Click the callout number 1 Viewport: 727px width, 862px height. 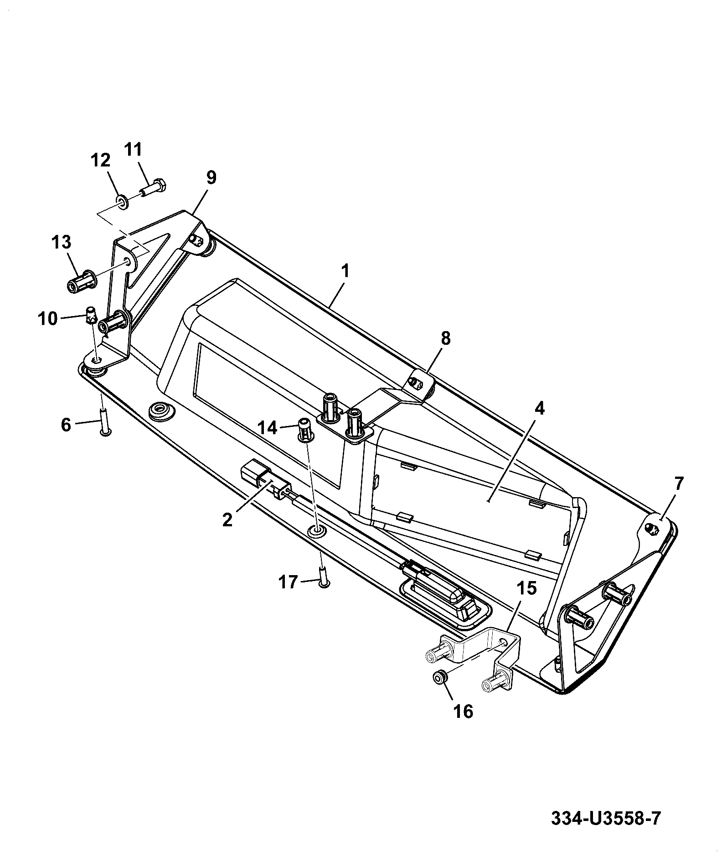click(x=345, y=271)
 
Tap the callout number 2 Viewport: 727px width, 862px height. click(x=227, y=519)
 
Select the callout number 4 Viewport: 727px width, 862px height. click(x=539, y=409)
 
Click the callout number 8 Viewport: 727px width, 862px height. click(x=445, y=339)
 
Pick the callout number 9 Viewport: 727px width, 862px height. click(x=211, y=178)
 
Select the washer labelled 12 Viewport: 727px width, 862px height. click(x=122, y=201)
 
